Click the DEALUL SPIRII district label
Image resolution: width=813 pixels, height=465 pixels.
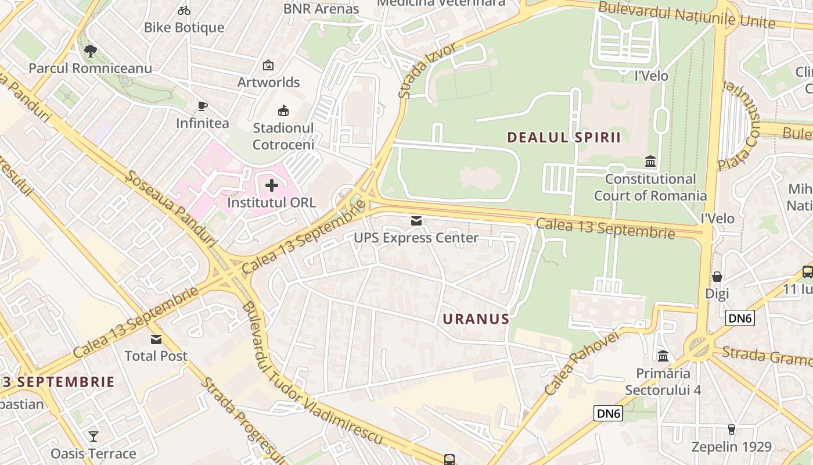564,137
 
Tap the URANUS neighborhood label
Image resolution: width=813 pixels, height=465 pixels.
476,319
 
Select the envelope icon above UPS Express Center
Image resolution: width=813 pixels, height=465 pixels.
416,221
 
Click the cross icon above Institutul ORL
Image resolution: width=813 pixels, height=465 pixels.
271,186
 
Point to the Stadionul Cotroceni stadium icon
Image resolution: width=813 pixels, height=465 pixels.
283,110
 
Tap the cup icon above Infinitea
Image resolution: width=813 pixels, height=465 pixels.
202,106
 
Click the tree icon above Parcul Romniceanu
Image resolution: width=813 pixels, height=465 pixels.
90,51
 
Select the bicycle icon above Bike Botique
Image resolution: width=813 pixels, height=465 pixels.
184,10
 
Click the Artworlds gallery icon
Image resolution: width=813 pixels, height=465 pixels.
268,65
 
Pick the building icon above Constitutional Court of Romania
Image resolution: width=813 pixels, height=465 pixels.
650,161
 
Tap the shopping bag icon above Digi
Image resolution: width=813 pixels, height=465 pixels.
717,276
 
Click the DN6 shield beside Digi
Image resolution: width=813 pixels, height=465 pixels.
739,317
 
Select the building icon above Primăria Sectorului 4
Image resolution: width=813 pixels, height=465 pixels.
663,355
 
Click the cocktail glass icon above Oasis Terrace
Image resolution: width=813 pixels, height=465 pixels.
93,436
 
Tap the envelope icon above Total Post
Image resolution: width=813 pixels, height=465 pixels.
156,339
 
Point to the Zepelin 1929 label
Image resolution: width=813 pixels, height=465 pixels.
731,447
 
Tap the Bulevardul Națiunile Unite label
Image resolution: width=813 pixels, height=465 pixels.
686,15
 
